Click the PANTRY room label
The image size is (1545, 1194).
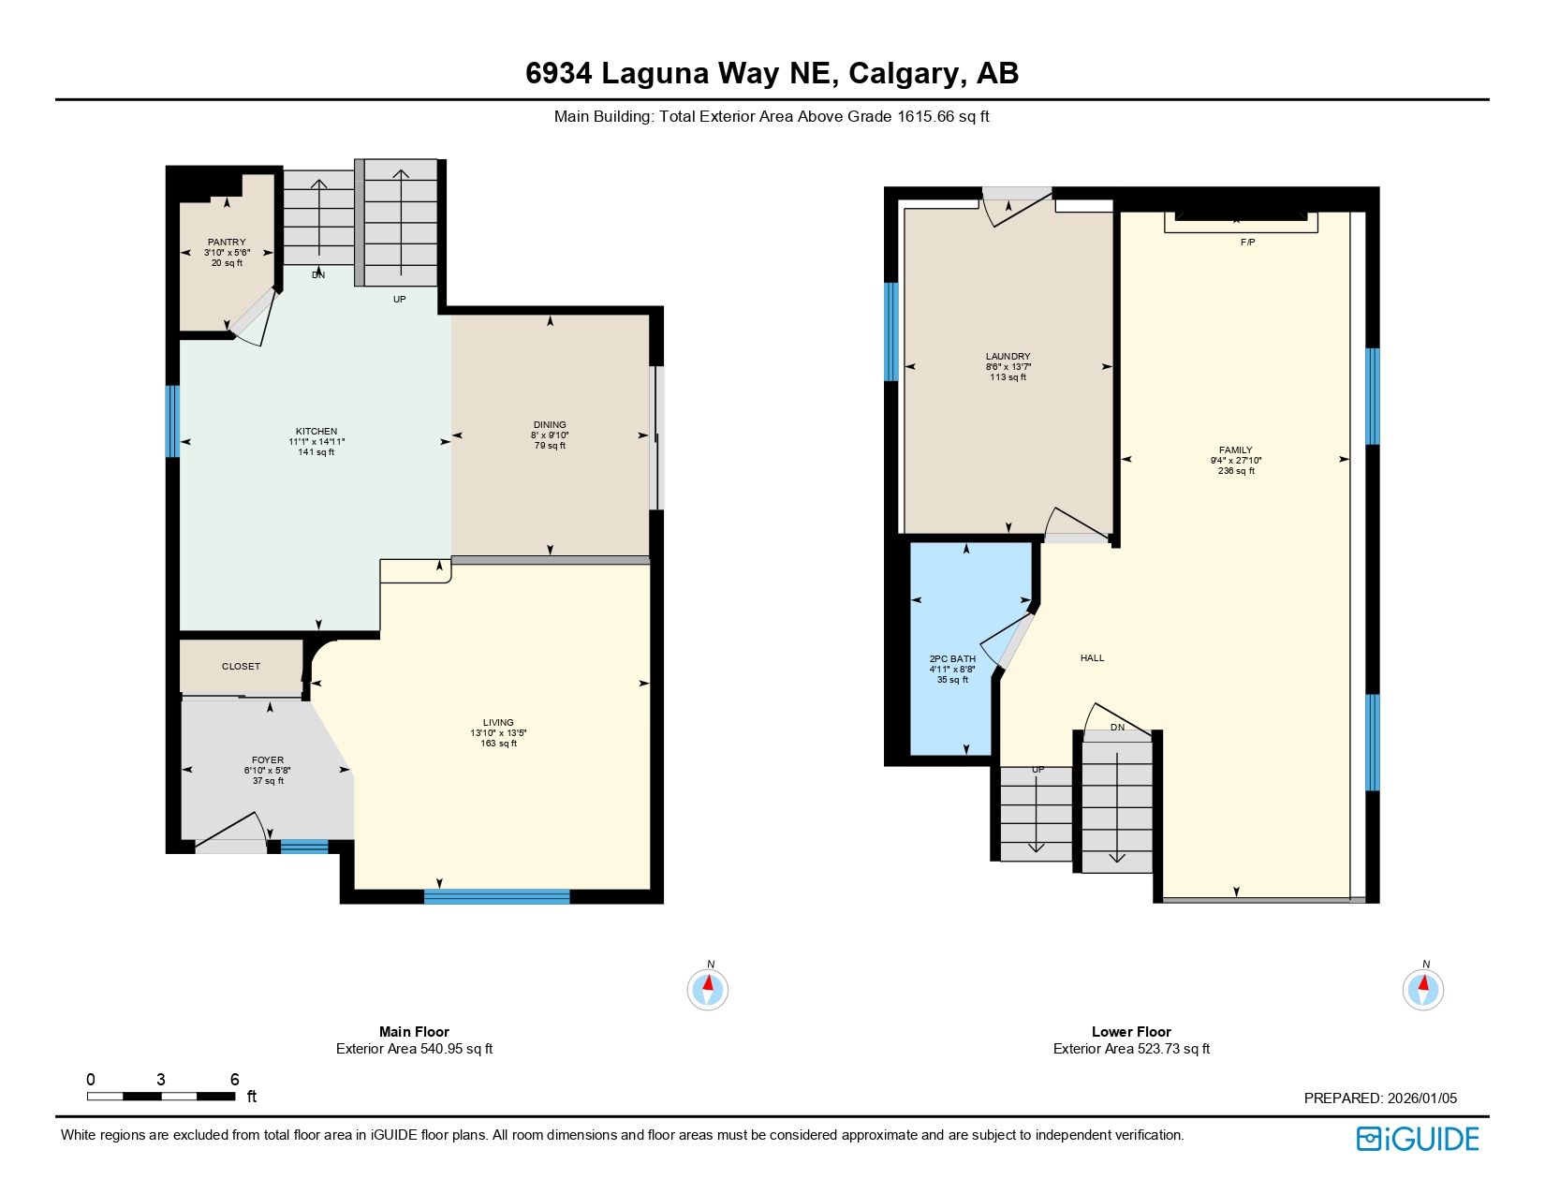point(227,243)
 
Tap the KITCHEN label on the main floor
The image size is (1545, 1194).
point(316,432)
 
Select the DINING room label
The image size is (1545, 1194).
point(550,425)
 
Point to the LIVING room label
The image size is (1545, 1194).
point(498,723)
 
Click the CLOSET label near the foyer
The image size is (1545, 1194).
point(241,667)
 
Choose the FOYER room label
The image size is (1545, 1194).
point(268,760)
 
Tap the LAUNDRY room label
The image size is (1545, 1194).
point(1008,357)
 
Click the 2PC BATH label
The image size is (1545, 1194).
point(952,659)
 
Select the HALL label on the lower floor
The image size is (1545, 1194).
point(1092,658)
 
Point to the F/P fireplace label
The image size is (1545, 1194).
point(1247,243)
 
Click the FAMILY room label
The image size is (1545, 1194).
point(1235,450)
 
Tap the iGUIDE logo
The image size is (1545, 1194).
point(1418,1139)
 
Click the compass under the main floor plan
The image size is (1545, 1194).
point(708,989)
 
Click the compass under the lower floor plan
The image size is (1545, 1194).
point(1422,989)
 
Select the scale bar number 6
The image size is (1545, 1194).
point(235,1080)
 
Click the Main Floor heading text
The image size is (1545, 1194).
point(414,1031)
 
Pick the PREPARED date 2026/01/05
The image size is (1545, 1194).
point(1421,1098)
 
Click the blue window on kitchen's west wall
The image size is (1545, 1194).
point(172,421)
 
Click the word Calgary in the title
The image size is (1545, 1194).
point(904,73)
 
